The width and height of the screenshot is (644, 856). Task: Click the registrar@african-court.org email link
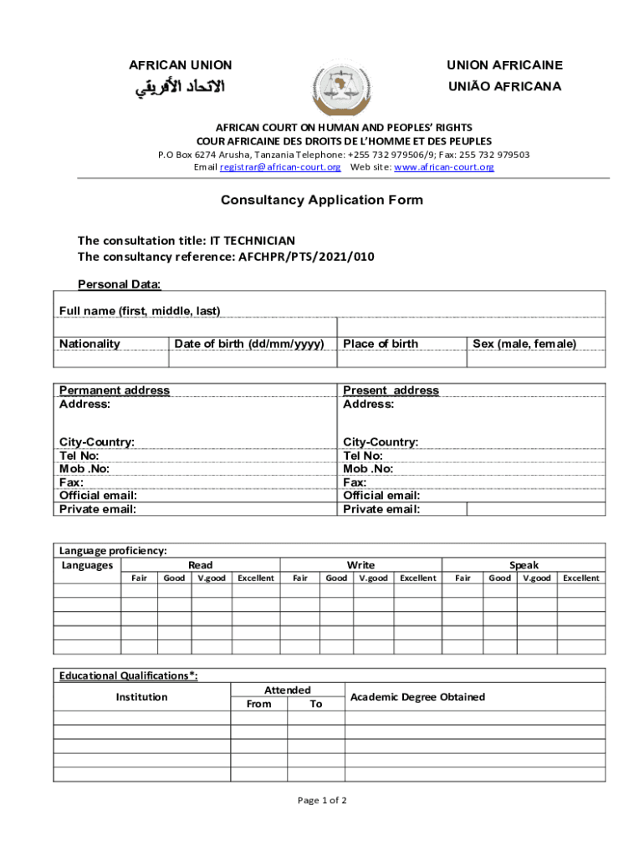point(279,167)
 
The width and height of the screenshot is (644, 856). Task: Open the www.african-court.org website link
point(443,167)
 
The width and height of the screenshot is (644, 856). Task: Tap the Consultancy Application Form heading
point(322,201)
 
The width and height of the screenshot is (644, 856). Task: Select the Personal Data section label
point(120,284)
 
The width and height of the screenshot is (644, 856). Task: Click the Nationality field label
point(89,344)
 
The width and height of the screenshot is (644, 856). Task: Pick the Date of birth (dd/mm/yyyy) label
point(249,344)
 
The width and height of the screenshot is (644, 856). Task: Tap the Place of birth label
point(381,344)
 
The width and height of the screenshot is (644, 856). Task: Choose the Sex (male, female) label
point(524,344)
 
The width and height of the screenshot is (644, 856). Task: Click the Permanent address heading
point(115,390)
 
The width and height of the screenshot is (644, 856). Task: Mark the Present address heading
point(391,390)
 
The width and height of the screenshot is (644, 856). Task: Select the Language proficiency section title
point(113,551)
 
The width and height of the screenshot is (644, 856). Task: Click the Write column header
point(361,565)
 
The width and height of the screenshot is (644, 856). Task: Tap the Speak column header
point(524,565)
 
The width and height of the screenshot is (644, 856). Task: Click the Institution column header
point(141,697)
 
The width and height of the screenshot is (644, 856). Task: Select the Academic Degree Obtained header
point(417,697)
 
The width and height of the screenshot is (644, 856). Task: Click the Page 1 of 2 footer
point(322,801)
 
